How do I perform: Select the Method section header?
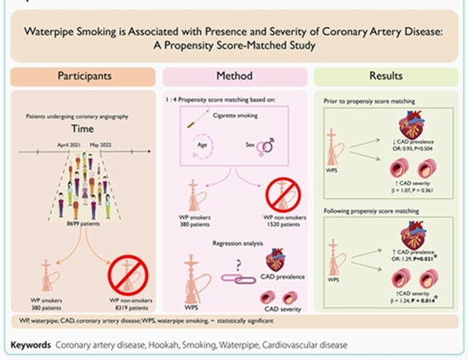coord(233,77)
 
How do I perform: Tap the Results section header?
coord(385,77)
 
